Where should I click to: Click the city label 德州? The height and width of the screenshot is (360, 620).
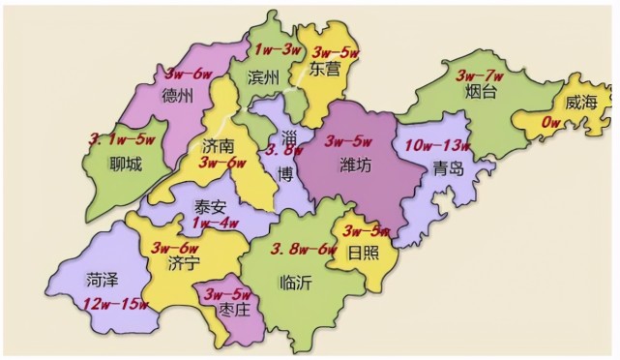pyautogui.click(x=178, y=95)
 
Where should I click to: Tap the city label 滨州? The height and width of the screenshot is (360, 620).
pyautogui.click(x=263, y=76)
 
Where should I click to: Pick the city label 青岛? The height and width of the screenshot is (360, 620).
pyautogui.click(x=449, y=167)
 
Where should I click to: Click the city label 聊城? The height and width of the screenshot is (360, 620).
pyautogui.click(x=126, y=165)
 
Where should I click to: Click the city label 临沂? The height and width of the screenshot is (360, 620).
pyautogui.click(x=294, y=283)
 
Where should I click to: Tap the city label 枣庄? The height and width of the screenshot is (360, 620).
pyautogui.click(x=234, y=311)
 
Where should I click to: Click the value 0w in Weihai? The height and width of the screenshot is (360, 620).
pyautogui.click(x=552, y=121)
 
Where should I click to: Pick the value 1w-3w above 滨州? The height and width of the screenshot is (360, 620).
pyautogui.click(x=276, y=47)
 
